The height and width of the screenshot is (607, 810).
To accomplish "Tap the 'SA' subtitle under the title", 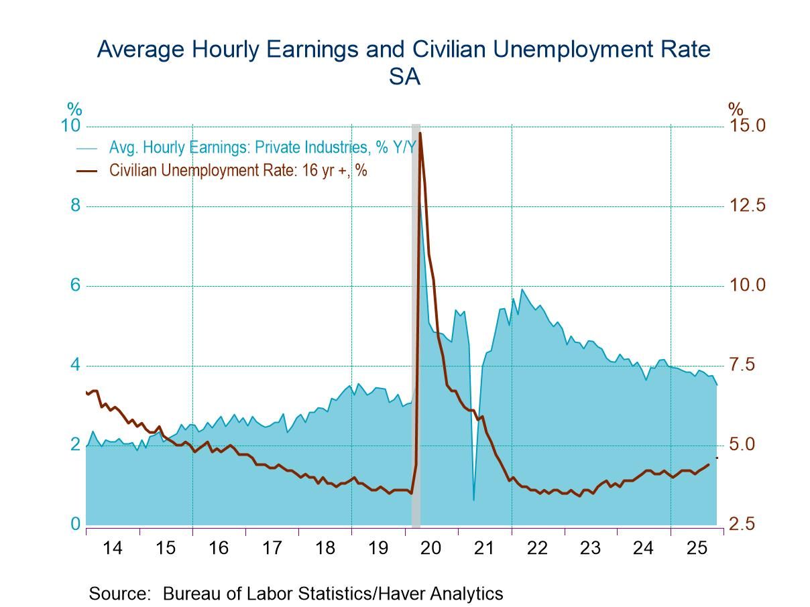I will pyautogui.click(x=404, y=78).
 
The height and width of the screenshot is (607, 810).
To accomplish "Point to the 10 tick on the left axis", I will pyautogui.click(x=70, y=126).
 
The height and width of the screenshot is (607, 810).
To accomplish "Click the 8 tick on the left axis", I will pyautogui.click(x=75, y=205).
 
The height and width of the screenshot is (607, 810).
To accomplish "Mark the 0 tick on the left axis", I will pyautogui.click(x=75, y=524).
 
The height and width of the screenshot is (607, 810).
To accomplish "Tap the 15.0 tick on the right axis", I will pyautogui.click(x=746, y=126).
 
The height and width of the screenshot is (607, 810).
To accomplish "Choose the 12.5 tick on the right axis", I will pyautogui.click(x=746, y=206).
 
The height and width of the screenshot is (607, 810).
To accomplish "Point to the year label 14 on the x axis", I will pyautogui.click(x=113, y=548).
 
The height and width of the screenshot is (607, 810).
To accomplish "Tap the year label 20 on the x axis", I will pyautogui.click(x=430, y=548).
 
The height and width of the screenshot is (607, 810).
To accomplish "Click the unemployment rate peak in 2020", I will pyautogui.click(x=420, y=133).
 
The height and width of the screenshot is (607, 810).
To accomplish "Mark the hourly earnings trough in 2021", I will pyautogui.click(x=473, y=500).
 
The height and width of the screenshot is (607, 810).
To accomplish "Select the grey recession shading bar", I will pyautogui.click(x=416, y=322).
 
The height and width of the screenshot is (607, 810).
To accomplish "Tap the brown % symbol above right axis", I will pyautogui.click(x=736, y=109).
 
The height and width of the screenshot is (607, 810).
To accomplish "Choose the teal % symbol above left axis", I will pyautogui.click(x=74, y=109).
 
